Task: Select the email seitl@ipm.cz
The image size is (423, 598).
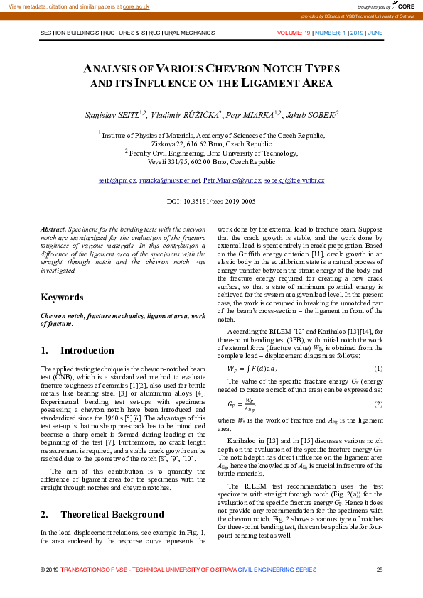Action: pos(118,181)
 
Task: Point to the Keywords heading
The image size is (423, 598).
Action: pos(62,298)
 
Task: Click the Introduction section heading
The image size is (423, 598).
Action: pos(87,351)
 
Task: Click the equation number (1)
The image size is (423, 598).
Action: pos(378,369)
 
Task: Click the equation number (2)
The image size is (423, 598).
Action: pos(378,403)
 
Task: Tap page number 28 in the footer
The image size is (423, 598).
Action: pos(379,570)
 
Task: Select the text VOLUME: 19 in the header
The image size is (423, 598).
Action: pos(294,33)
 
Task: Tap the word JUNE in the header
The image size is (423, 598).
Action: pos(375,33)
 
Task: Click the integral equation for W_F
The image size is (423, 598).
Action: pos(252,369)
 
